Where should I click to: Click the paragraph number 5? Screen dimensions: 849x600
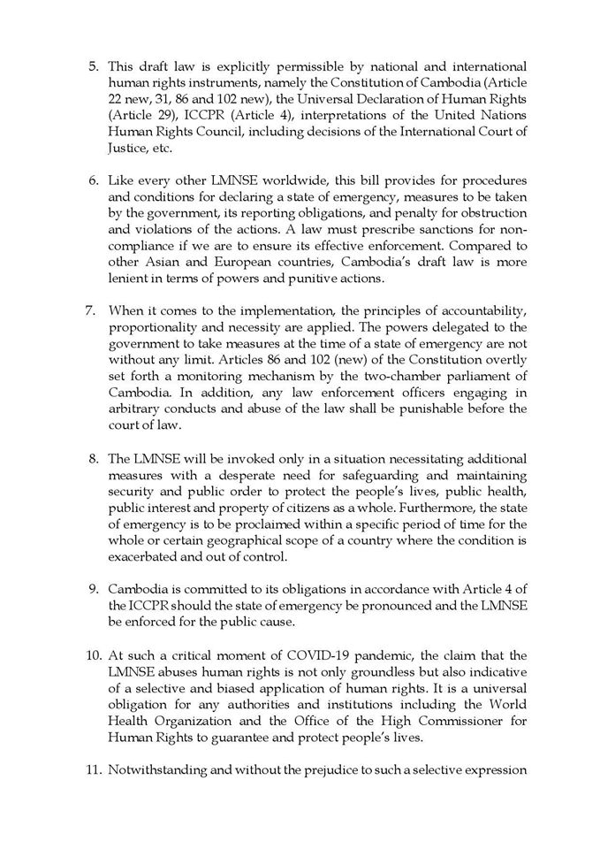(93, 66)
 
